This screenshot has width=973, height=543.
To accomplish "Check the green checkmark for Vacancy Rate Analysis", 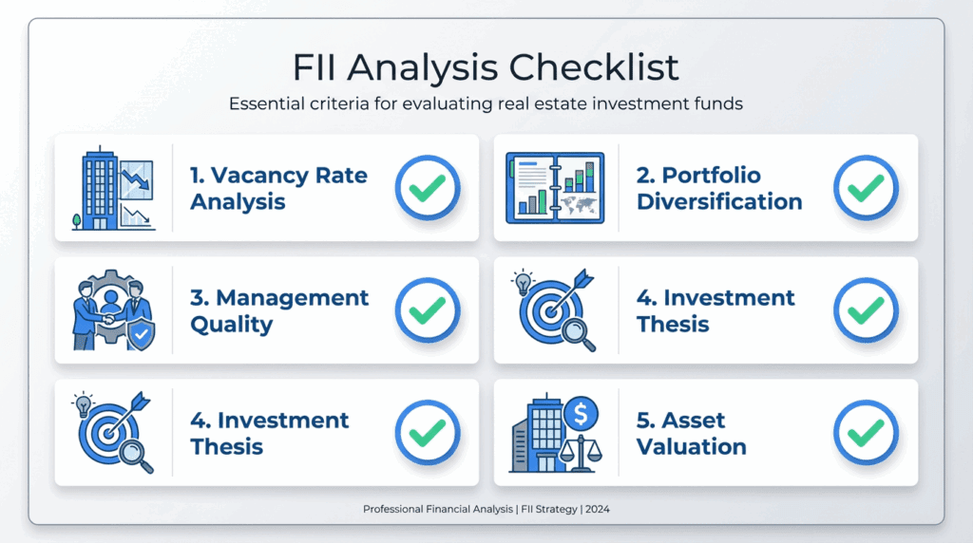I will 428,188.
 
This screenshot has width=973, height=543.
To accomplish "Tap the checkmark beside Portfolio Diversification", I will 866,188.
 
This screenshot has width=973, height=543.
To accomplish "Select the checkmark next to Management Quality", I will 428,310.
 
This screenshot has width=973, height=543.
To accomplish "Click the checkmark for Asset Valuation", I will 866,433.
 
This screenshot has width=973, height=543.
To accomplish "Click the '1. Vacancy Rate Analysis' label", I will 278,188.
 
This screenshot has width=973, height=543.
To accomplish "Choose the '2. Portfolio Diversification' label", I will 719,188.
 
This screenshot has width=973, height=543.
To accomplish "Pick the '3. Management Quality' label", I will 279,310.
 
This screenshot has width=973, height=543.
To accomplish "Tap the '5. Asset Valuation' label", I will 691,433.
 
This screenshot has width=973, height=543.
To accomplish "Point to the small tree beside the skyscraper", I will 76,221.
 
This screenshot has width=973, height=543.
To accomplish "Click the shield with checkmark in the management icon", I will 141,335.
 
